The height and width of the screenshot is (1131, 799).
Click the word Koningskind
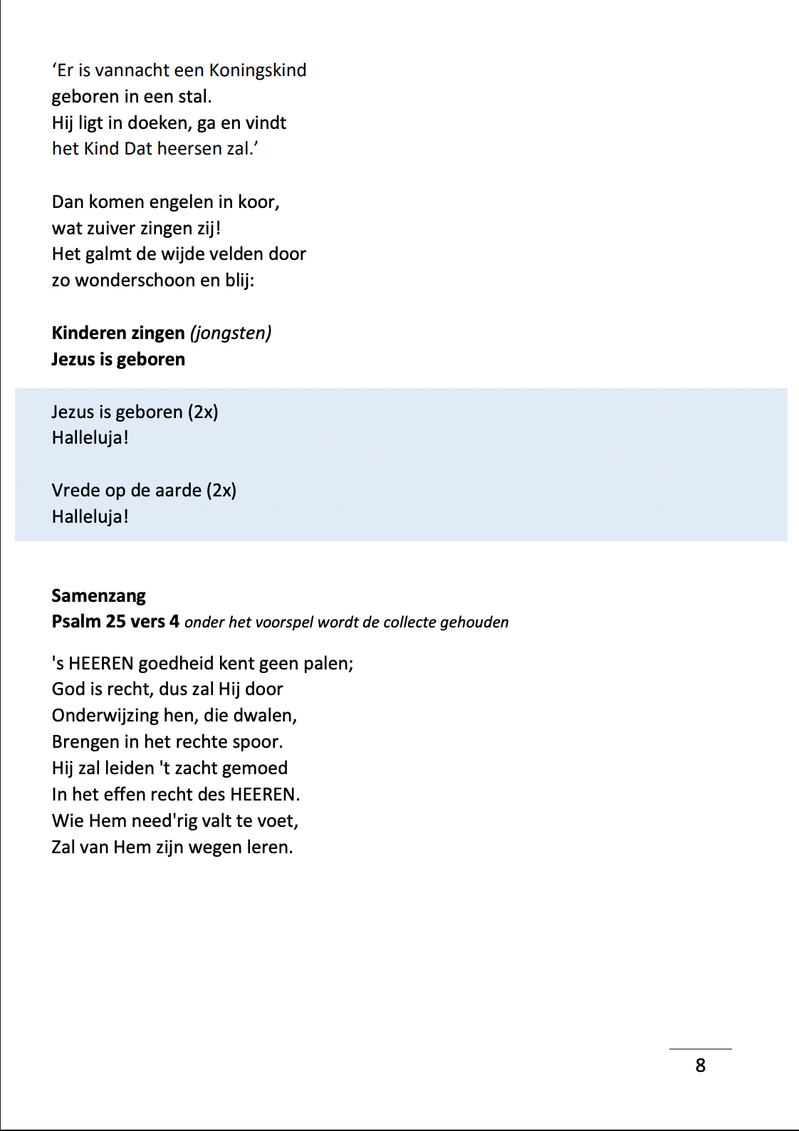pyautogui.click(x=257, y=71)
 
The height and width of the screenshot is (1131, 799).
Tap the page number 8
pyautogui.click(x=701, y=1065)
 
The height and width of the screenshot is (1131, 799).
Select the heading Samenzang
pyautogui.click(x=98, y=595)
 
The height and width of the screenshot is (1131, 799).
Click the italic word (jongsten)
pyautogui.click(x=231, y=333)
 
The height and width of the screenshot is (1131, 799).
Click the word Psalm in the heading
pyautogui.click(x=76, y=622)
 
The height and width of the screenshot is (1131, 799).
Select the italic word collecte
pyautogui.click(x=409, y=622)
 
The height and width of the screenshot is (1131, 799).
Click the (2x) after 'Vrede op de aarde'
pyautogui.click(x=221, y=491)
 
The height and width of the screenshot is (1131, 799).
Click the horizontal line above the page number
pyautogui.click(x=700, y=1049)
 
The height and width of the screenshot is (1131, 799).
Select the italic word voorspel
pyautogui.click(x=284, y=622)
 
